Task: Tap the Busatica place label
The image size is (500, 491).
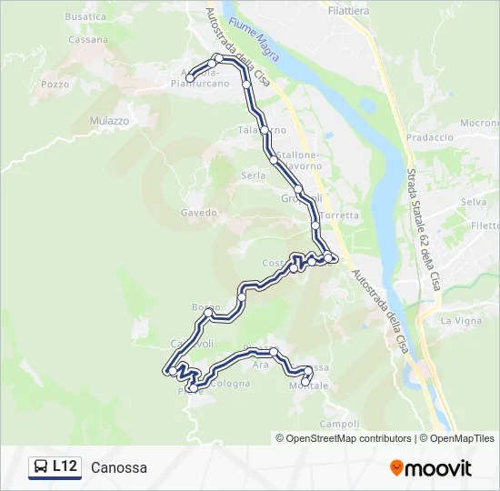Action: click(85, 16)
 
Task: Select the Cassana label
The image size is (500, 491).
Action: click(88, 40)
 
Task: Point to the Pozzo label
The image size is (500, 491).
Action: click(55, 85)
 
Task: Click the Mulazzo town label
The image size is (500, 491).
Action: click(110, 120)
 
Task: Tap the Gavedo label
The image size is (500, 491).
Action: click(198, 213)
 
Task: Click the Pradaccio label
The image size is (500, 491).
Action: click(429, 137)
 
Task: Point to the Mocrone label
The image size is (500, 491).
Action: click(479, 123)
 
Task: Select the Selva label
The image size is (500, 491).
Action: click(474, 202)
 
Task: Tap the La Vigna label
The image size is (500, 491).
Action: click(460, 321)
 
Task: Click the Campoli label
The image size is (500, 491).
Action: click(340, 425)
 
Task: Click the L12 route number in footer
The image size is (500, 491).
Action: click(65, 466)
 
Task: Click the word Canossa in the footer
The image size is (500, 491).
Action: click(119, 467)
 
